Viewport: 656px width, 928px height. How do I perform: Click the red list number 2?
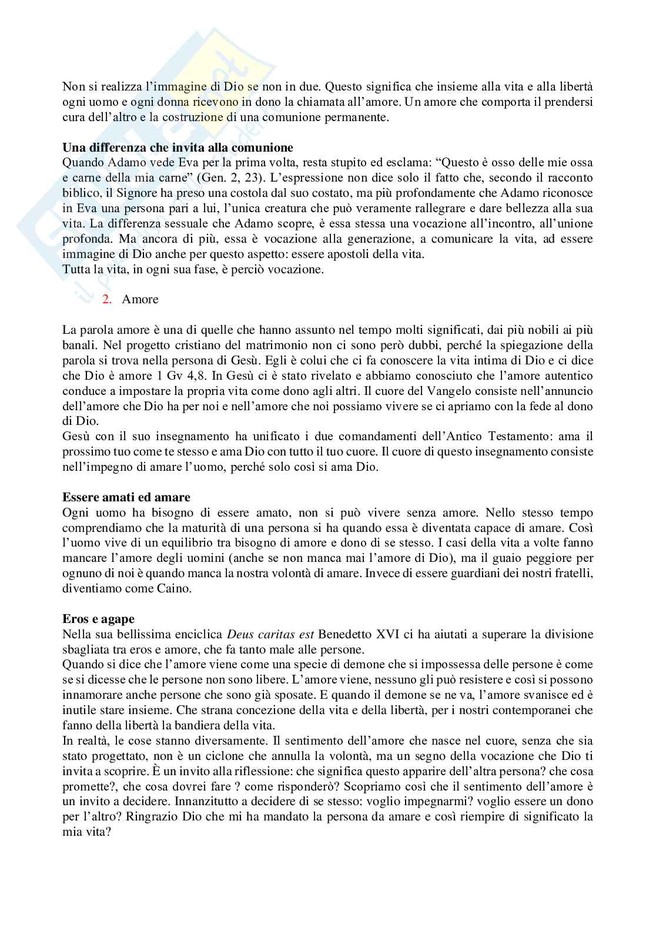coord(106,299)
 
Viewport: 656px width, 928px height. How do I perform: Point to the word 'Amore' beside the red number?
coord(140,299)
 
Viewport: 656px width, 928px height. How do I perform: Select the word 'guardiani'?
coord(492,573)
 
